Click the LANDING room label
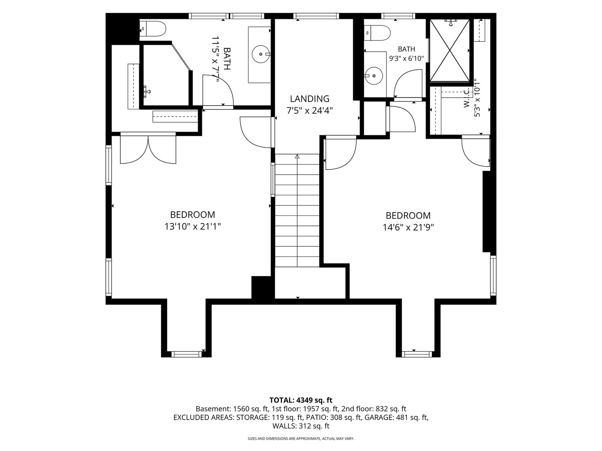[x=310, y=99]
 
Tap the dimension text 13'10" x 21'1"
[x=193, y=226]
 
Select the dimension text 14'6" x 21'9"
[x=408, y=228]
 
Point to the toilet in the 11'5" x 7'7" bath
[x=153, y=28]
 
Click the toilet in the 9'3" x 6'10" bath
[x=377, y=33]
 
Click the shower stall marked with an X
[x=450, y=51]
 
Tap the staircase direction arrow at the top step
[x=297, y=156]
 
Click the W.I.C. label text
[x=467, y=97]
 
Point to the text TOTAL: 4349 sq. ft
[x=301, y=400]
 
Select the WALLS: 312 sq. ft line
[x=301, y=426]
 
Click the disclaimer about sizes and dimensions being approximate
[x=301, y=438]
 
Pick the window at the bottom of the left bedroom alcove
[x=186, y=354]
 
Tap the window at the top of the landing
[x=316, y=16]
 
